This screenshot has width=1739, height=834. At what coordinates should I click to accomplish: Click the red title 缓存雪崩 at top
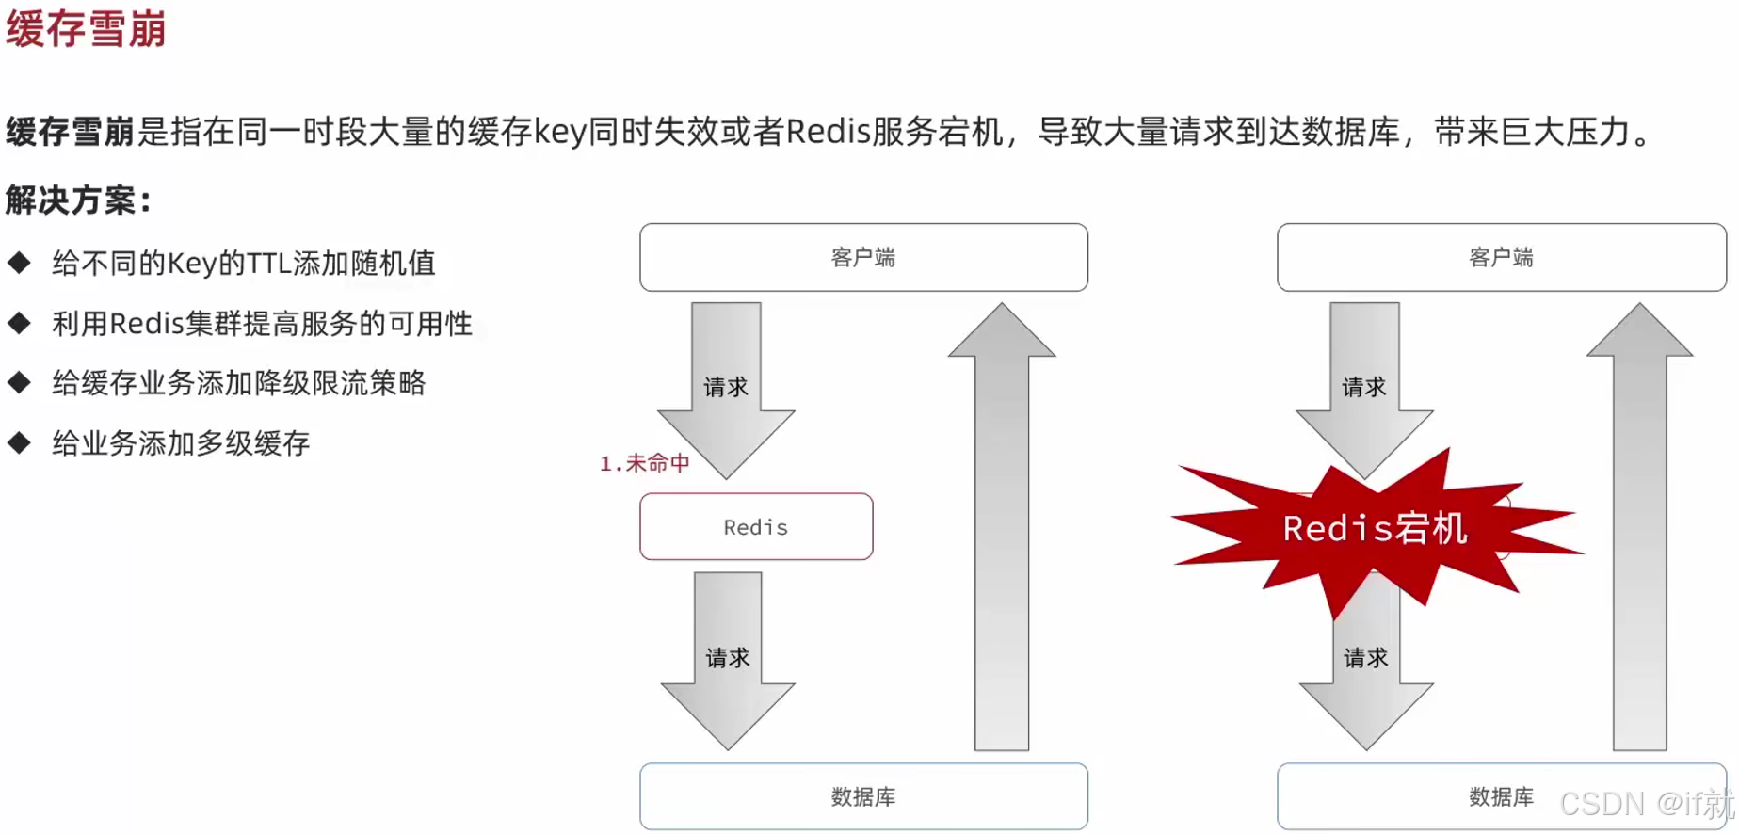pos(86,29)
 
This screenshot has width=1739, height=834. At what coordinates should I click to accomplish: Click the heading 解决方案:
pos(78,200)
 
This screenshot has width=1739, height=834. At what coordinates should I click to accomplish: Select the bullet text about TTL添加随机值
pos(244,263)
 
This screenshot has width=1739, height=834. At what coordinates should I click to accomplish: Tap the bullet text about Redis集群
pos(262,324)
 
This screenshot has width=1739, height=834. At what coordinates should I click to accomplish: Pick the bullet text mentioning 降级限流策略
pos(239,383)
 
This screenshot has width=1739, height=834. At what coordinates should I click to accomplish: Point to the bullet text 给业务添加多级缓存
pos(181,443)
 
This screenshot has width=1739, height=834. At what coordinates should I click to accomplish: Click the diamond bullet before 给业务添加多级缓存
pos(19,442)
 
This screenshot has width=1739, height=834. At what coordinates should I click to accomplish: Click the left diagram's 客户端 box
pos(863,257)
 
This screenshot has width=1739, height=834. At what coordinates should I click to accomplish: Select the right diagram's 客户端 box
pos(1501,257)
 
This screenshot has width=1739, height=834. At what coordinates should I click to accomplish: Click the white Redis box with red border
pos(756,527)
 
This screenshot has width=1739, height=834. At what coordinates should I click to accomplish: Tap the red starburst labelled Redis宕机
pos(1375,528)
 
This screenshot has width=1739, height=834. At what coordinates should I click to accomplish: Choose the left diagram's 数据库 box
pos(863,796)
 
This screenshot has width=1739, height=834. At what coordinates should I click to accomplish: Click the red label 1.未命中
pos(645,463)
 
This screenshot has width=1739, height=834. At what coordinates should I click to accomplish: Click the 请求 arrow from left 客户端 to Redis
pos(726,387)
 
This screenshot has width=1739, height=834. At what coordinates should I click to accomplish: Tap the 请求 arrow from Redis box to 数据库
pos(728,657)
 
